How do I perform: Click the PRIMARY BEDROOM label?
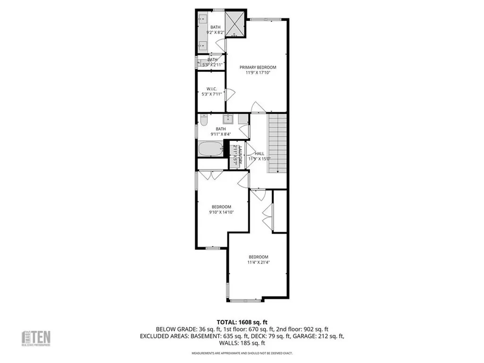tap(258, 67)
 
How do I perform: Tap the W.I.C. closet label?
tap(211, 89)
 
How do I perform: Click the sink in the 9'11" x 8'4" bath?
tap(228, 118)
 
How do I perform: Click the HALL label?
tap(259, 154)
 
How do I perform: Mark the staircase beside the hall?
tap(277, 143)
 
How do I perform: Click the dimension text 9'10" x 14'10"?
tap(222, 212)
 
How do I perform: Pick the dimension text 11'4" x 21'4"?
tap(258, 262)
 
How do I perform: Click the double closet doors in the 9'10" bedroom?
tap(211, 175)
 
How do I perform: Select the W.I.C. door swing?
tap(230, 95)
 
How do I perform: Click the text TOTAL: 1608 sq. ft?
tap(242, 322)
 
